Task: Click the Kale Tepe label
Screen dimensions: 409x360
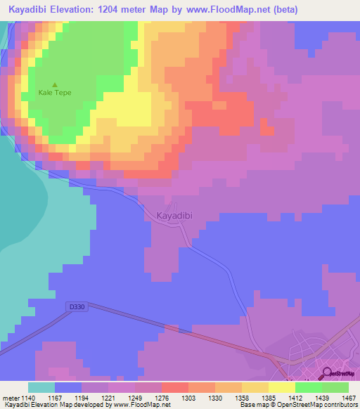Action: click(x=55, y=93)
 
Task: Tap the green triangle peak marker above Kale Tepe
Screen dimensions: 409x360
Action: click(x=55, y=84)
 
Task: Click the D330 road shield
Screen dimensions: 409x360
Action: click(x=77, y=306)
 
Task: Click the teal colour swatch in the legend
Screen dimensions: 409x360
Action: click(x=41, y=387)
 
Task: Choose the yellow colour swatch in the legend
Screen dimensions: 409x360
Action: click(x=282, y=387)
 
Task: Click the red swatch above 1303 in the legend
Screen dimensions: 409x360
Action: click(x=175, y=387)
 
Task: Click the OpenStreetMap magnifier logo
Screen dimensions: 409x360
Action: click(x=328, y=373)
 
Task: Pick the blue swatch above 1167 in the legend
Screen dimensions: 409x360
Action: click(x=68, y=387)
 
